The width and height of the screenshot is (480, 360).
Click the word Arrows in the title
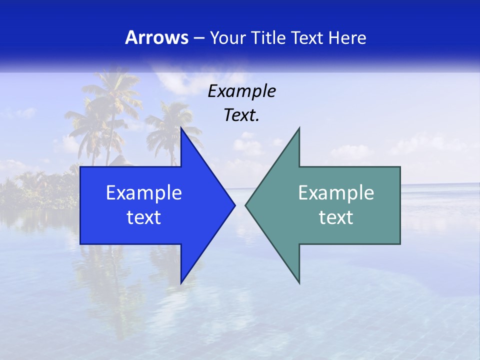coord(156,37)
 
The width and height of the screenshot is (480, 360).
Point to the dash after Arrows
coord(198,38)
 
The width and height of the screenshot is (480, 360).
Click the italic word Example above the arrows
coord(241,91)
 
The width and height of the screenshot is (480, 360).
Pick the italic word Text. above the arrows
coord(241,115)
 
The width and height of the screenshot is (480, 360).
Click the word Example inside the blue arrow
coord(143,193)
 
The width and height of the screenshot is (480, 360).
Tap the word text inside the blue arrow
coord(143,217)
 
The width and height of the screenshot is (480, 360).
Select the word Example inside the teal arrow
coord(336,193)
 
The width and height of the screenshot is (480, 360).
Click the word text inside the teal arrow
coord(336,217)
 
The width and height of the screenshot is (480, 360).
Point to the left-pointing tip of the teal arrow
coord(246,205)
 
